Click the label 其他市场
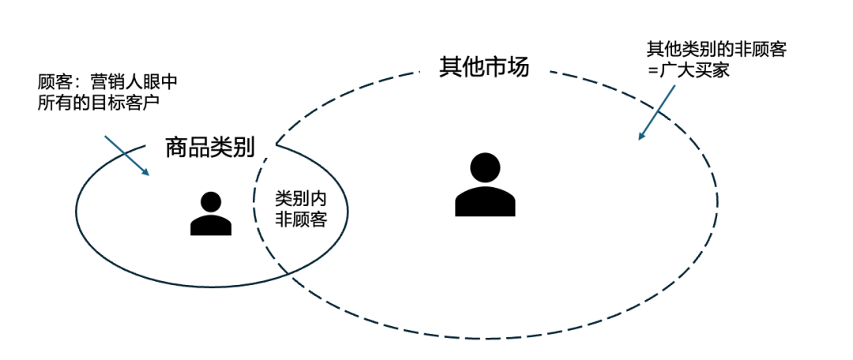click(x=483, y=66)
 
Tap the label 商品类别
click(x=208, y=147)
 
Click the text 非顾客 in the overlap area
click(x=300, y=220)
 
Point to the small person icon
click(x=211, y=214)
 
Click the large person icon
click(x=485, y=186)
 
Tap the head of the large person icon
click(x=485, y=167)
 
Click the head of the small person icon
click(x=211, y=201)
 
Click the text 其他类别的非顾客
click(x=716, y=50)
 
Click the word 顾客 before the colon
click(x=53, y=82)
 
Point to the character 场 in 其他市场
click(x=517, y=66)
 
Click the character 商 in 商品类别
click(x=175, y=147)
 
